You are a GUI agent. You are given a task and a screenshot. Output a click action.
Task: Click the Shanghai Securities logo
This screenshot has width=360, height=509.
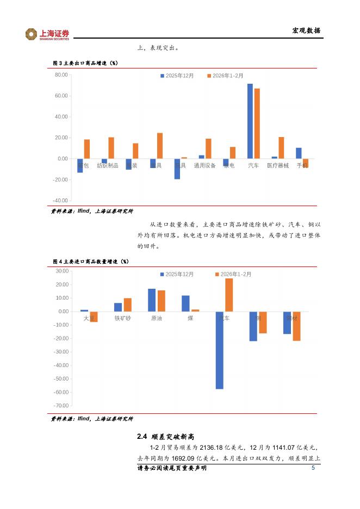pos(47,34)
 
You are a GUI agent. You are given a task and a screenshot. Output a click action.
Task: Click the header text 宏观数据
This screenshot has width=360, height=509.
pos(306,30)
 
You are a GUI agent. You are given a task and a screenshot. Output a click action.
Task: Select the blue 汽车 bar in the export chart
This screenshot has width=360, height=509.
pos(250,121)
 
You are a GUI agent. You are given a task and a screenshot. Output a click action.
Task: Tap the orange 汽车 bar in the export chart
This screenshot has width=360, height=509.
pos(257,123)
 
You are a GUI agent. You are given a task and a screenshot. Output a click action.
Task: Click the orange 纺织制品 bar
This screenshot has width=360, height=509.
pos(111,148)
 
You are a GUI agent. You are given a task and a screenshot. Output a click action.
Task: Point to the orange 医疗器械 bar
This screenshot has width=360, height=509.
pos(281,148)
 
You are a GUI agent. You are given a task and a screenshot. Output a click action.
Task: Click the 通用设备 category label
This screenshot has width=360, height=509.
pos(205,165)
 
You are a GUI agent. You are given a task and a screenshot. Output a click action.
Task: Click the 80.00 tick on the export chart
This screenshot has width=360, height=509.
pos(61,75)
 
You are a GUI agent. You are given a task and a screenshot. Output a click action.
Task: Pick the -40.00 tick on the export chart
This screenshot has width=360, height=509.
pos(60,201)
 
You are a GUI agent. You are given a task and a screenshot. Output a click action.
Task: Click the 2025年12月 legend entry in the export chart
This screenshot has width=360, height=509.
pos(177,76)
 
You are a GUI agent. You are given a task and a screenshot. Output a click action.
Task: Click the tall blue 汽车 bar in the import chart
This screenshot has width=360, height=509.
pos(219,350)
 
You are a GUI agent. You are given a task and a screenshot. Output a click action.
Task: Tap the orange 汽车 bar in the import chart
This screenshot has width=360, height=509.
pos(229,295)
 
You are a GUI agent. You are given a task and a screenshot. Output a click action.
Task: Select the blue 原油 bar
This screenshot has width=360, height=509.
pos(152,300)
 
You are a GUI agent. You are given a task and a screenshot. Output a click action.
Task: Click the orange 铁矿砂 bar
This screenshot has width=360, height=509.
pos(128,305)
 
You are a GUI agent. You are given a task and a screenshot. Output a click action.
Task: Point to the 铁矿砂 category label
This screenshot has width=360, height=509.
pos(122,318)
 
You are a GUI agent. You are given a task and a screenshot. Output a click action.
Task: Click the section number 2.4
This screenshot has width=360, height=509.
pos(142,437)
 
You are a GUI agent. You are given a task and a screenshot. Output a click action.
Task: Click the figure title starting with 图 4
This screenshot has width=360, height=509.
pos(90,262)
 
